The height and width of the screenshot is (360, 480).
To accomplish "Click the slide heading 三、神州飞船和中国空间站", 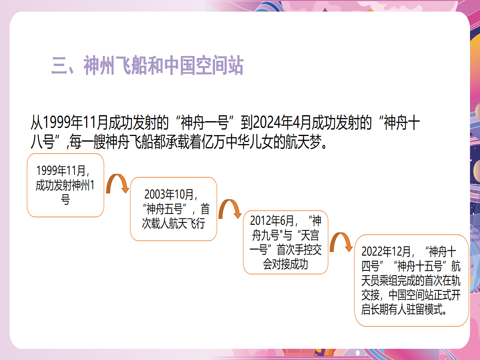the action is (147, 65).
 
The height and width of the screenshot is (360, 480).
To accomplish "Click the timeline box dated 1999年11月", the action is (65, 185).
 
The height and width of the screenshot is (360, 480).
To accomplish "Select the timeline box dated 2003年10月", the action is (174, 209).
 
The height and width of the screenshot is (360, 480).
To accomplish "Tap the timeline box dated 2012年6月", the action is (286, 242).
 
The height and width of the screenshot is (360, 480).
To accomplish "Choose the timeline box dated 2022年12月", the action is (411, 280).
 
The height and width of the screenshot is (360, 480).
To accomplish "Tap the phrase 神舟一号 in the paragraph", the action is (204, 122).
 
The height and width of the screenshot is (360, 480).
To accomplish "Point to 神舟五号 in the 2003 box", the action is (164, 209).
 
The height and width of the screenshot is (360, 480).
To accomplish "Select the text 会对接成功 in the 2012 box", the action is (285, 264).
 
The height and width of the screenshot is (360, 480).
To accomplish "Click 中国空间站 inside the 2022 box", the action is (411, 295).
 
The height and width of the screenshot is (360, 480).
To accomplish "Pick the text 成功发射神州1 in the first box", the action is (65, 185).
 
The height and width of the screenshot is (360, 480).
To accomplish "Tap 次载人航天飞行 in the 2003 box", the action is (174, 223).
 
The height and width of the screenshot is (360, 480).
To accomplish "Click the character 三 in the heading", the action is (59, 65).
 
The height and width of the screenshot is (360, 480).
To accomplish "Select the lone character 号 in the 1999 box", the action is (65, 200).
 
